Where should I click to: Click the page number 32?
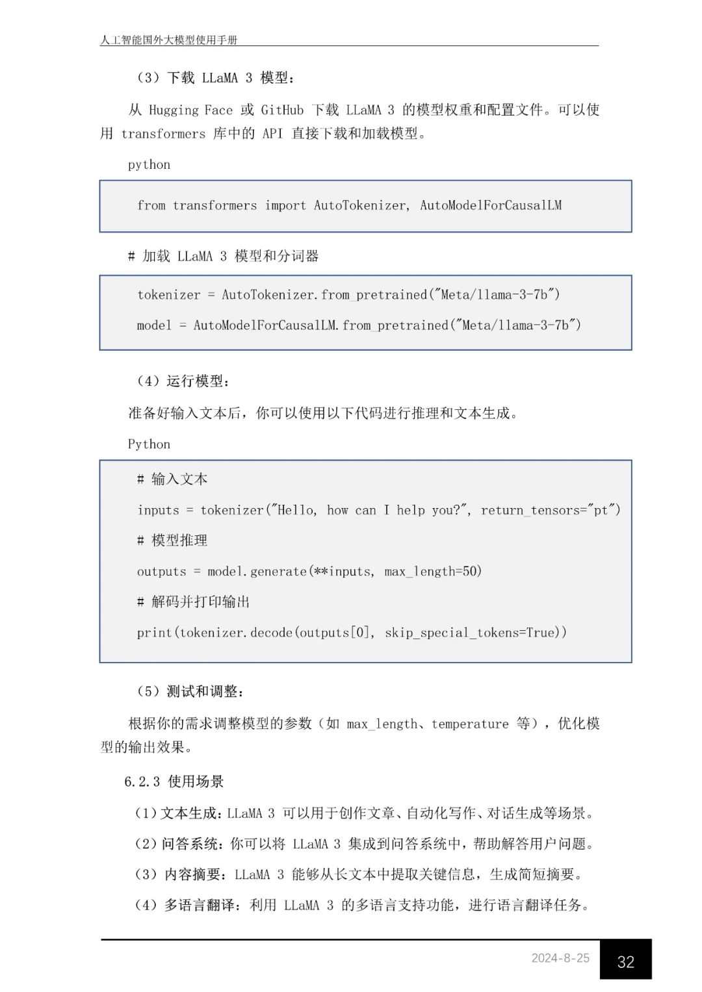point(625,961)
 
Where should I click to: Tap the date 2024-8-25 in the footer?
point(560,958)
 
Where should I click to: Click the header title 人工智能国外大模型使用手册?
point(169,40)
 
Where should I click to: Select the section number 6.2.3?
point(142,782)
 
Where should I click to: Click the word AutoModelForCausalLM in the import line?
point(491,205)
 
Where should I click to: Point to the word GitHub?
point(282,110)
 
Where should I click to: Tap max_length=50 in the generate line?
point(433,572)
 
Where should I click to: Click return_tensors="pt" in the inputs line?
point(550,511)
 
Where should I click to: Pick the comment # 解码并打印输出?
point(194,602)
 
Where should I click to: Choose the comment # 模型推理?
point(172,541)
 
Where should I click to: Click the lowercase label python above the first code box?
point(149,165)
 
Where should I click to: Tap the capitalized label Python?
point(149,444)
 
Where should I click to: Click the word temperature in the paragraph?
point(470,724)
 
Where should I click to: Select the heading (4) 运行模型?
point(183,381)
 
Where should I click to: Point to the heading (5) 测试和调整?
point(190,692)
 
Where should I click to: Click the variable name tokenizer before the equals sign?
point(169,295)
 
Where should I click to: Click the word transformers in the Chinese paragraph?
point(162,134)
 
